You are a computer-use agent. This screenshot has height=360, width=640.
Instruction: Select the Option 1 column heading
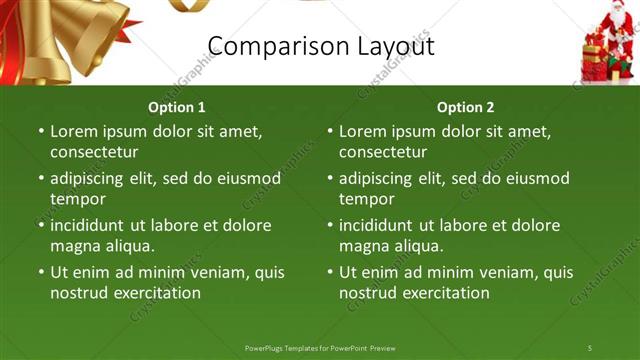[177, 107]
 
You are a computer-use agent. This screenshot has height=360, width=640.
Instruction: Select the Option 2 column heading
[466, 107]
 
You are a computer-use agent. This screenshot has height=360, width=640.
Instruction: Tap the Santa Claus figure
[612, 40]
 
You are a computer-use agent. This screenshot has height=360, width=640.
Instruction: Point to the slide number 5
[590, 347]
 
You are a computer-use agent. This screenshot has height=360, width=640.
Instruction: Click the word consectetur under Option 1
[94, 152]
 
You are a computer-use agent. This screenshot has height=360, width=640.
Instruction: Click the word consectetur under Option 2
[383, 152]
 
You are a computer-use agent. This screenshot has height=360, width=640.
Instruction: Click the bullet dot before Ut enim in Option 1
[41, 272]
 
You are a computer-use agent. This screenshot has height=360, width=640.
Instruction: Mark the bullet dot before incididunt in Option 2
[330, 225]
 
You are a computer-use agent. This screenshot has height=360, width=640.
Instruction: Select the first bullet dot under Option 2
[330, 131]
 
